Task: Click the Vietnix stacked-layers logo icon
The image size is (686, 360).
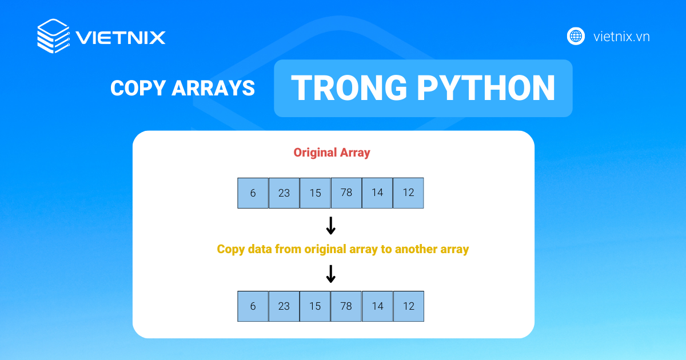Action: [x=53, y=37]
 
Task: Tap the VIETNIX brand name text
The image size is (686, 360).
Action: [x=121, y=38]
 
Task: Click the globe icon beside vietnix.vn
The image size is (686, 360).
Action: [x=576, y=37]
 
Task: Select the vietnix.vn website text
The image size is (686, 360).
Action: [x=621, y=37]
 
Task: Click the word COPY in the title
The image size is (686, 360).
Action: [x=133, y=88]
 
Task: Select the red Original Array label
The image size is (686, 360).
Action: [x=332, y=153]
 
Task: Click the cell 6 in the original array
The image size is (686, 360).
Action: [x=253, y=193]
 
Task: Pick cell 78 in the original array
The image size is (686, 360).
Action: [x=346, y=193]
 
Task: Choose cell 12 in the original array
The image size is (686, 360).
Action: [x=408, y=193]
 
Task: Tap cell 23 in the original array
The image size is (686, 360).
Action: [x=284, y=193]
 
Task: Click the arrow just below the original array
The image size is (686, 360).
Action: [x=330, y=226]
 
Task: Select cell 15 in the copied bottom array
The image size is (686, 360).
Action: [x=315, y=306]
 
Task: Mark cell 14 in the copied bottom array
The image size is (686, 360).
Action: [x=377, y=306]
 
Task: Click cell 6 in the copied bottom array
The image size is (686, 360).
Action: [x=253, y=306]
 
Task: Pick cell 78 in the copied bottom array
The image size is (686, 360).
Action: [x=346, y=306]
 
